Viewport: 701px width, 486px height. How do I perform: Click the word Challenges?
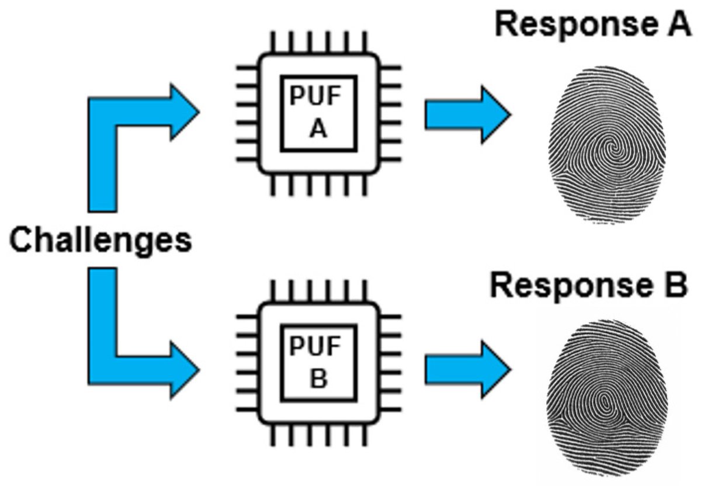tap(100, 240)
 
